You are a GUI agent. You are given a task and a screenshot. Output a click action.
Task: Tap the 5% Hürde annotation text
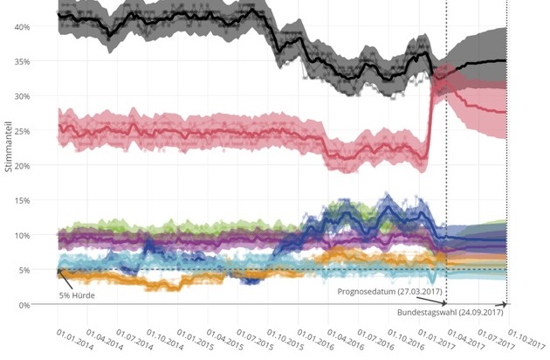pos(77,294)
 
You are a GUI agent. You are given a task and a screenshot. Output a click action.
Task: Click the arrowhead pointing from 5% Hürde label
pos(58,271)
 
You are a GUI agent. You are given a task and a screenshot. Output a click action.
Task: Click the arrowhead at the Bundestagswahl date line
pos(505,305)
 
